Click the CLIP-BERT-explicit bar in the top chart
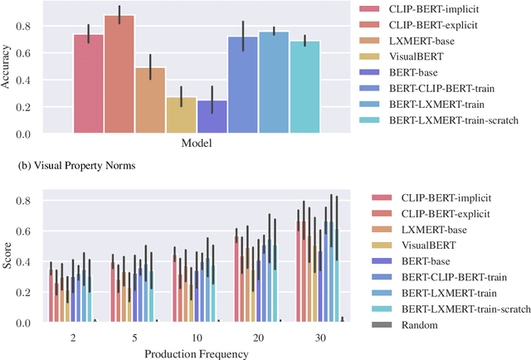click(119, 75)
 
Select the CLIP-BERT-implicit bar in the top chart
click(89, 84)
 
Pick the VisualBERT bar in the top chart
click(182, 115)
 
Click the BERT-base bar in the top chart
click(212, 117)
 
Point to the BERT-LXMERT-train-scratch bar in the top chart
click(304, 87)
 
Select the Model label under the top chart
click(197, 144)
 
